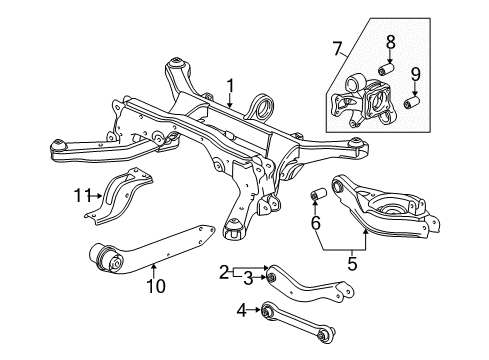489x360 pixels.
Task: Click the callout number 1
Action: click(x=230, y=86)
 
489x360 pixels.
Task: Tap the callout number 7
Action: click(x=337, y=49)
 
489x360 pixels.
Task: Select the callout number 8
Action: click(x=391, y=42)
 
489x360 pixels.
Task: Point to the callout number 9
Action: click(x=415, y=74)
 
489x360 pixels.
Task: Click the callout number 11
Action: click(x=82, y=195)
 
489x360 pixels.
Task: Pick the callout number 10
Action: click(x=156, y=286)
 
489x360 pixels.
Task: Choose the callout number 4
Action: click(x=242, y=311)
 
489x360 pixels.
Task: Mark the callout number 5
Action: click(x=352, y=264)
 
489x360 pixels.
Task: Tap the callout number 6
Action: click(x=315, y=223)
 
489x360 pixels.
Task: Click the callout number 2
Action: click(x=225, y=273)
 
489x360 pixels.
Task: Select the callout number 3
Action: click(x=248, y=279)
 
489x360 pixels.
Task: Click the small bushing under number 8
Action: click(x=386, y=69)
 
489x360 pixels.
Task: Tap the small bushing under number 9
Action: click(x=411, y=102)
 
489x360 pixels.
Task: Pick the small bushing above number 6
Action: click(x=318, y=194)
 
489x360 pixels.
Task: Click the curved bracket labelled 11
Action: click(x=119, y=196)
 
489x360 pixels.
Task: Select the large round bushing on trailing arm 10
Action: click(x=107, y=258)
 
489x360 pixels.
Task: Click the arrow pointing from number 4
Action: click(x=254, y=310)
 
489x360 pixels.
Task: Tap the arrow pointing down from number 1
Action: click(x=230, y=101)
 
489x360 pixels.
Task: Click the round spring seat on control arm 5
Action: click(x=393, y=207)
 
